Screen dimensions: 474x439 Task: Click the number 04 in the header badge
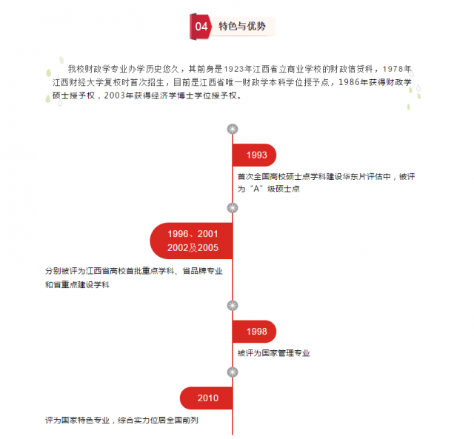(201, 27)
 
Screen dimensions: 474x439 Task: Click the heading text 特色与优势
(242, 27)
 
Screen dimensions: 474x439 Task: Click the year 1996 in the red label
(178, 234)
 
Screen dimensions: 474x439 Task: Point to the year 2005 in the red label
(208, 248)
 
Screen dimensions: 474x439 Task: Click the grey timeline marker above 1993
(233, 130)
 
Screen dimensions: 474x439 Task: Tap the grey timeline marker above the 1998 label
(233, 306)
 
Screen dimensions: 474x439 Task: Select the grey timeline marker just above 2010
(233, 372)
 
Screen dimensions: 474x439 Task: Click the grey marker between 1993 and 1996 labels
(233, 208)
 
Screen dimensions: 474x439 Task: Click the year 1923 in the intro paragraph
(234, 69)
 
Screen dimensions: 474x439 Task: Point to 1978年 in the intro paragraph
(397, 69)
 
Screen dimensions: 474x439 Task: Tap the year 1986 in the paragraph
(348, 82)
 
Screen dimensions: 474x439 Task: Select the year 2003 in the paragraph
(115, 95)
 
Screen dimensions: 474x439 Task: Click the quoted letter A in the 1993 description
(256, 189)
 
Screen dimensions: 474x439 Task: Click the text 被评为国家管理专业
(273, 353)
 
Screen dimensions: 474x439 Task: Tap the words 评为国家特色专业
(77, 420)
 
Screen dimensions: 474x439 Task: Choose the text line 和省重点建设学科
(77, 284)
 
